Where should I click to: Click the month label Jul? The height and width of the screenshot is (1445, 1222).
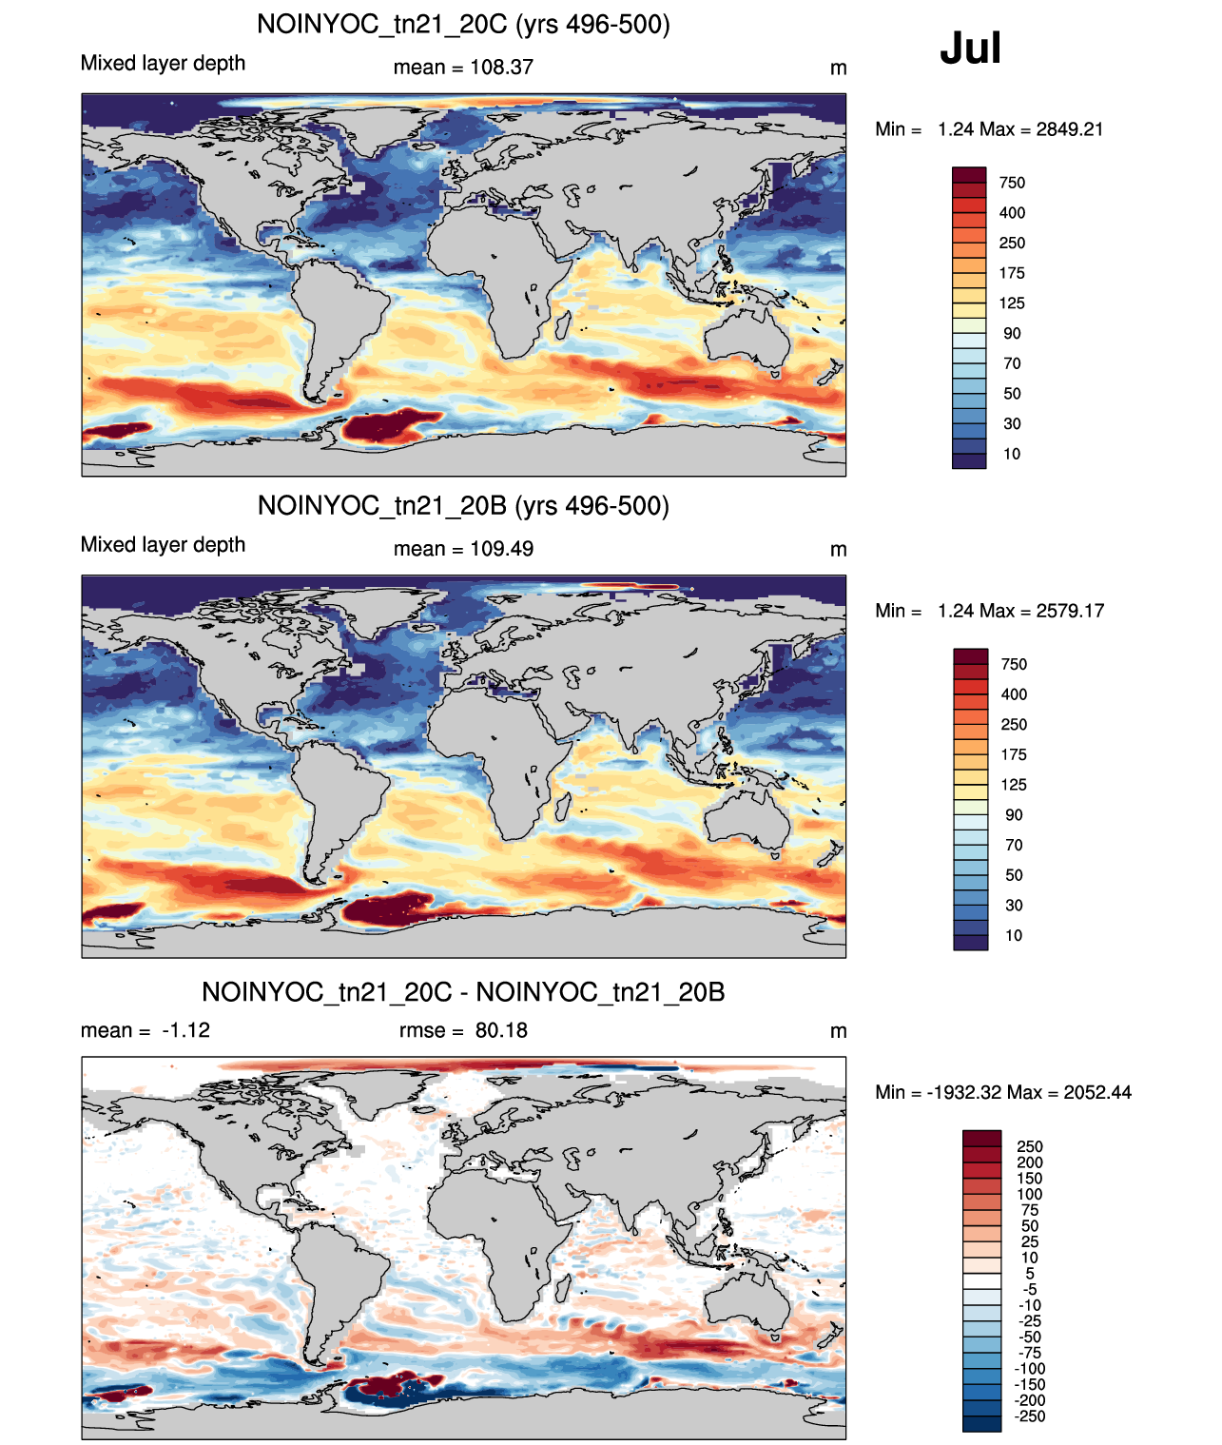coord(970,48)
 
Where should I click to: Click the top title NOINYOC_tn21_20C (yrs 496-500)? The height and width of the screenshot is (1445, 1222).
coord(463,24)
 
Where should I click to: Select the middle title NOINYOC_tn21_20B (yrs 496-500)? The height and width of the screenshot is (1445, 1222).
coord(463,505)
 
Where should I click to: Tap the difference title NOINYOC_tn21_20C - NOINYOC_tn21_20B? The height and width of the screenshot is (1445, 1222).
coord(463,991)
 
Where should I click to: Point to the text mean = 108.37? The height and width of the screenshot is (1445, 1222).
coord(463,68)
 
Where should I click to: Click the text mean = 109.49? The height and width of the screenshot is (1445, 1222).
coord(463,549)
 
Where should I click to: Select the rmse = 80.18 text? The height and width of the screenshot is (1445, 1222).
coord(463,1030)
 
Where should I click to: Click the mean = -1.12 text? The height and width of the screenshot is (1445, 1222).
coord(145,1030)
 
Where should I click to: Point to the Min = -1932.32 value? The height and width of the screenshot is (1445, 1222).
coord(939,1092)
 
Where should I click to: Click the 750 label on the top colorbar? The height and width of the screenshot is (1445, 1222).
coord(1012,183)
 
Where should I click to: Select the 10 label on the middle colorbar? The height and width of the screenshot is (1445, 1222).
coord(1013,935)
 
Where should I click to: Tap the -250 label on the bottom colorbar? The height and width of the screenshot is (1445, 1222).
coord(1030,1417)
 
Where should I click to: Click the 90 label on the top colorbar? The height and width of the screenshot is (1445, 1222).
coord(1012,334)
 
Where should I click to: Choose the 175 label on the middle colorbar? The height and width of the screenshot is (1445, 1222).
coord(1013,754)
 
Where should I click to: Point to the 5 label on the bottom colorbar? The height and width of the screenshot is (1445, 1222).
coord(1030,1274)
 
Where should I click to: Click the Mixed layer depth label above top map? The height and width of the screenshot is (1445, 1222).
coord(163,63)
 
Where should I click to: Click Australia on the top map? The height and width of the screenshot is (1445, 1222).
coord(746,336)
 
